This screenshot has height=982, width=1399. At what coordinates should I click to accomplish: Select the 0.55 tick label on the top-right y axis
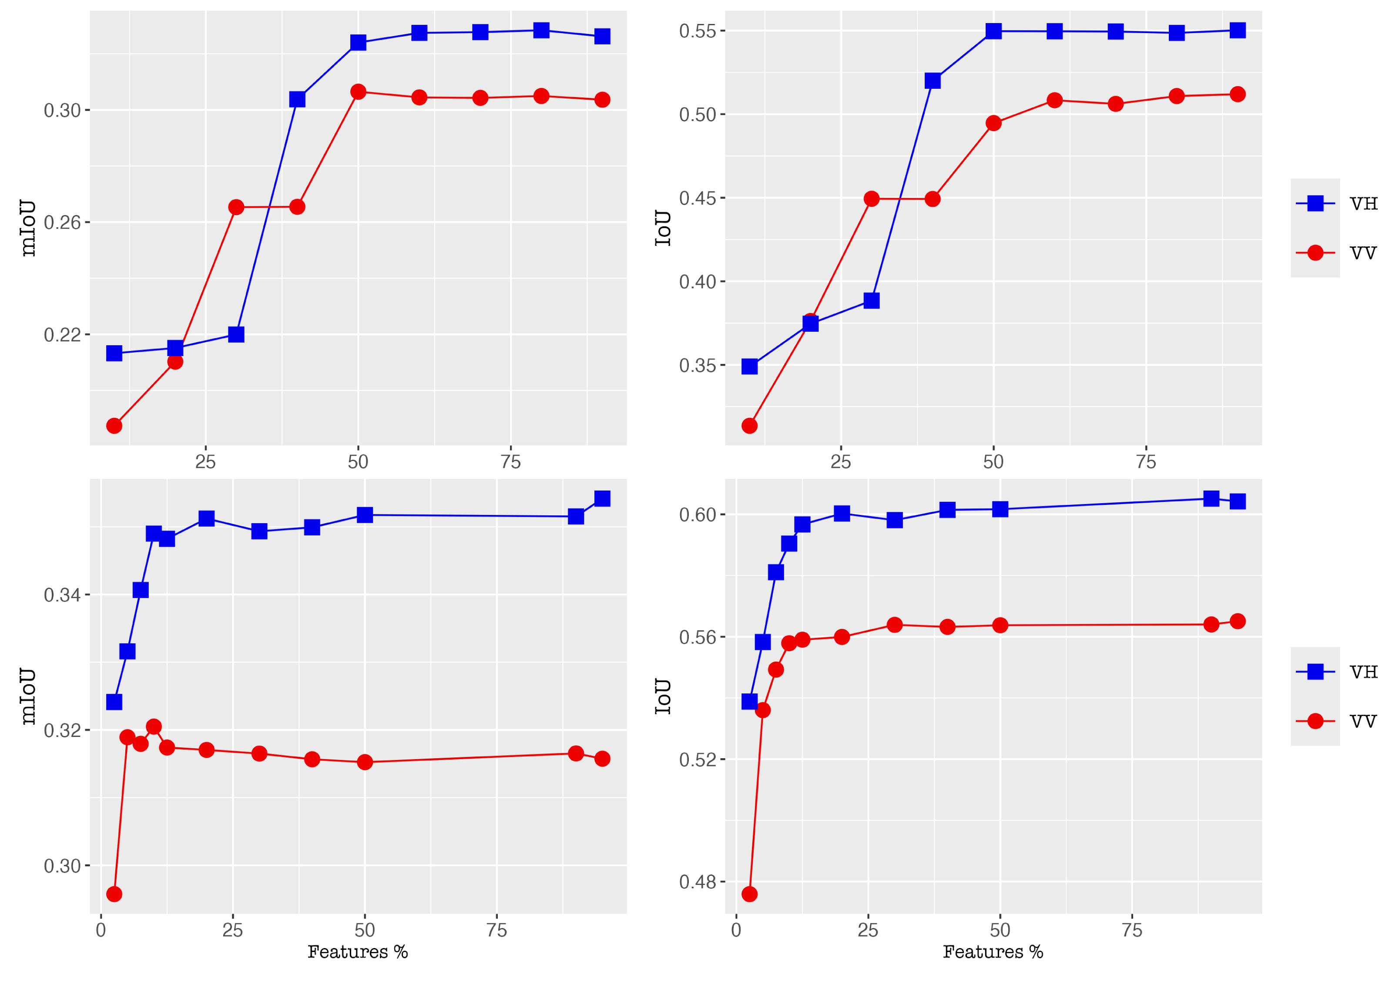(697, 31)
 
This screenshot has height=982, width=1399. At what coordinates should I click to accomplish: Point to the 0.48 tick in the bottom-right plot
(697, 882)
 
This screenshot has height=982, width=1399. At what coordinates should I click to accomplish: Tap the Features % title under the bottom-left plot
(358, 952)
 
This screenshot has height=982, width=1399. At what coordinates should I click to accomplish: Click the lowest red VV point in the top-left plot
(114, 425)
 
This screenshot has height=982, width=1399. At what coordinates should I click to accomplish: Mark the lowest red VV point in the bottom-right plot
(749, 894)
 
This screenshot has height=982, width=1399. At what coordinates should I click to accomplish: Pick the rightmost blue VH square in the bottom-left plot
(602, 499)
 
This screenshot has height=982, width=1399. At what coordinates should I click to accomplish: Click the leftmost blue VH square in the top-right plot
(749, 367)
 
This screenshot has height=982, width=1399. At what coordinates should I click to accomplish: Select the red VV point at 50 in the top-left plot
(358, 92)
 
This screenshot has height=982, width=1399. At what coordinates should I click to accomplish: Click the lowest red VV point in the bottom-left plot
(114, 894)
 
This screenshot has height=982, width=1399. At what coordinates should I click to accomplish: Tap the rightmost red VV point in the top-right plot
(1238, 94)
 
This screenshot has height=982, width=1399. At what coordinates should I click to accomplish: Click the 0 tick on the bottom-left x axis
(101, 930)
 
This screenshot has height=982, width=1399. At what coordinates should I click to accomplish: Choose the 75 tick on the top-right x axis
(1146, 462)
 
